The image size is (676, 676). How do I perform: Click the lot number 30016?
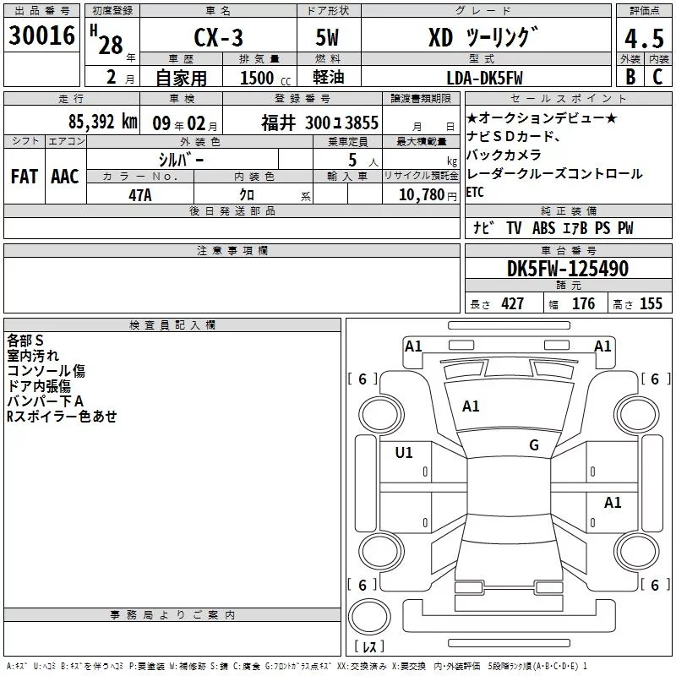[41, 35]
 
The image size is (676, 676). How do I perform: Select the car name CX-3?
[218, 37]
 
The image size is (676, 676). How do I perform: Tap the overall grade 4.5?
[644, 39]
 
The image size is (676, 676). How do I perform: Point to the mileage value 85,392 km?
[103, 122]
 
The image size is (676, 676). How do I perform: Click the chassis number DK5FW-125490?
[568, 269]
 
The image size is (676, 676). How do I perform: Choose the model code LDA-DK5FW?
[484, 78]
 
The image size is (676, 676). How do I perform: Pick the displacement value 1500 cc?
[265, 78]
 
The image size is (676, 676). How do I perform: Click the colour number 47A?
[140, 195]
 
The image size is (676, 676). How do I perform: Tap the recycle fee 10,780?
[422, 195]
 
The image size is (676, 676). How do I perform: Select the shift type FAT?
[25, 177]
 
